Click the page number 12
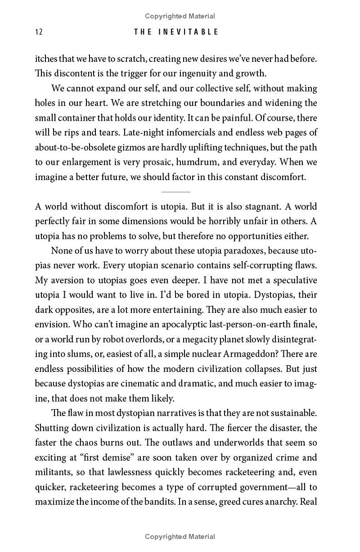(38, 32)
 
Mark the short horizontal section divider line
(176, 192)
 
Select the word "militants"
(54, 473)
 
